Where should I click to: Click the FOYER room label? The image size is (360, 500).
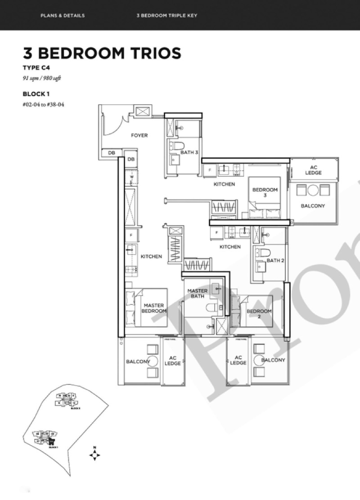[x=139, y=135]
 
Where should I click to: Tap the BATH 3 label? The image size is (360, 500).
[x=189, y=152]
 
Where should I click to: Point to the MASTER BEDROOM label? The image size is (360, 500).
[x=154, y=308]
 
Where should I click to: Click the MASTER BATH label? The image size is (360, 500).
[x=197, y=293]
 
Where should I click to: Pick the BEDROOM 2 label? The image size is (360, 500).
[x=259, y=314]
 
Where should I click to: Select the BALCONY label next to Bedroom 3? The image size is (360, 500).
[x=313, y=206]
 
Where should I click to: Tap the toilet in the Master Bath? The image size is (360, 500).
[x=211, y=308]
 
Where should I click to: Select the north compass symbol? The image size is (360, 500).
[x=94, y=454]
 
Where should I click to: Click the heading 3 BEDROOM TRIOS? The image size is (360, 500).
[x=102, y=53]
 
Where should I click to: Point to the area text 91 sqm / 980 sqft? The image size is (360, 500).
[x=42, y=78]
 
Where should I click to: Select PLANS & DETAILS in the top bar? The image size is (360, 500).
[x=62, y=16]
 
